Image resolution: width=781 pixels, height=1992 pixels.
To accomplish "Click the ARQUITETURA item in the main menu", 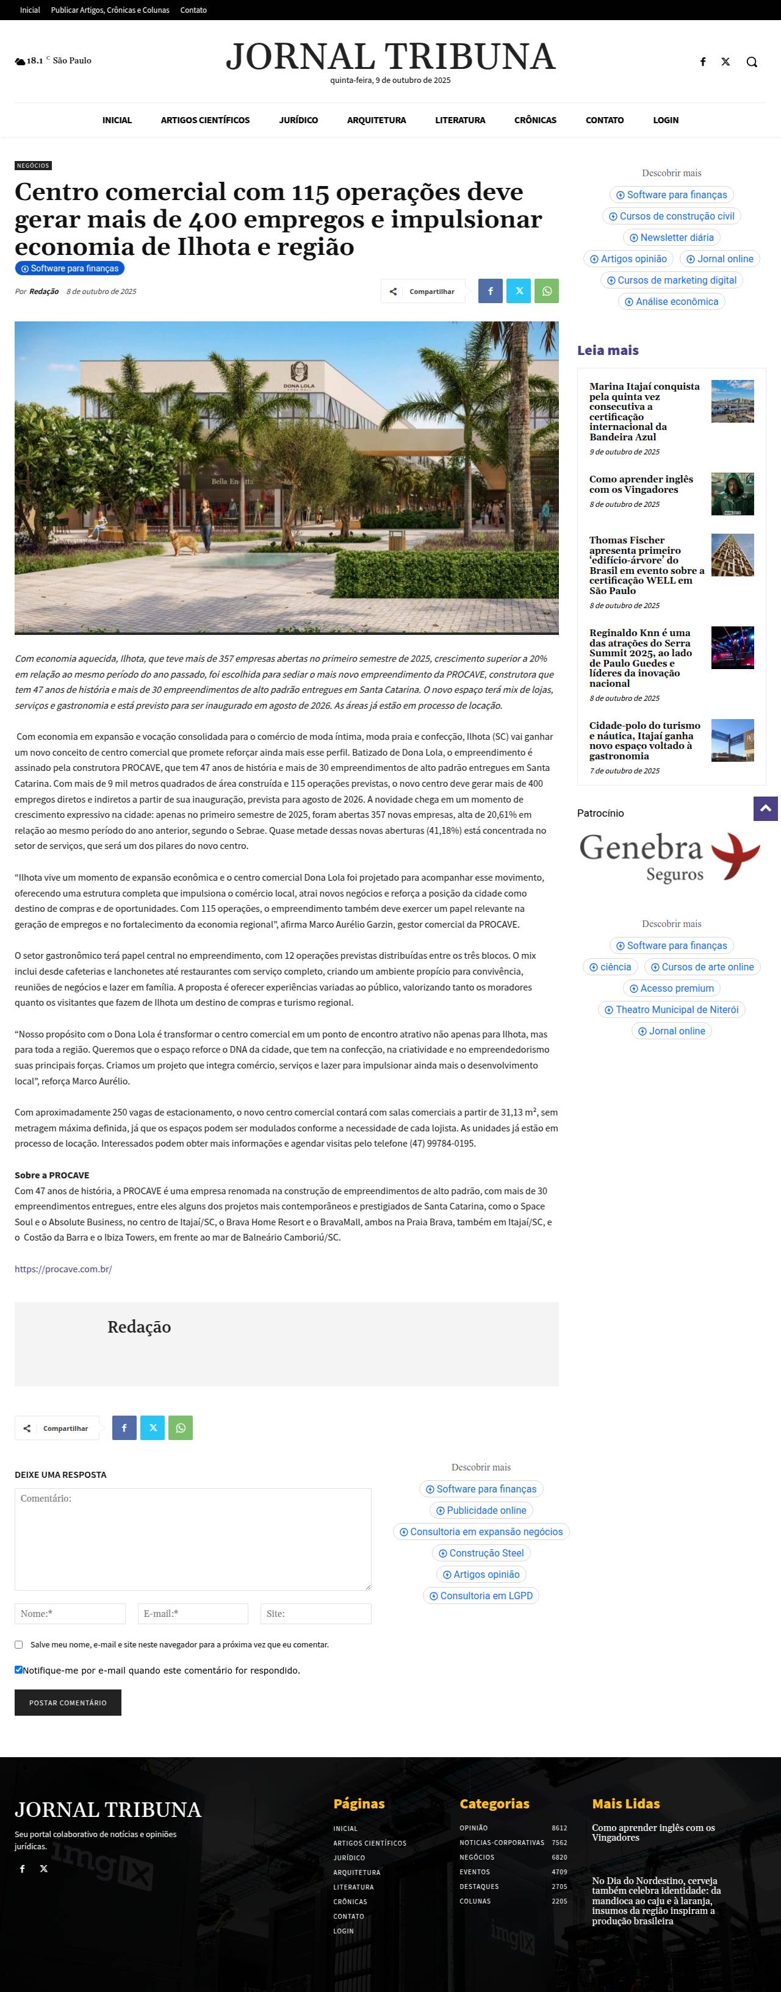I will pyautogui.click(x=376, y=120).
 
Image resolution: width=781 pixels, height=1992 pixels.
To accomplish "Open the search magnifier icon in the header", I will pyautogui.click(x=751, y=62).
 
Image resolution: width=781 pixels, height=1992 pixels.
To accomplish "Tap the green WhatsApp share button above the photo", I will pyautogui.click(x=547, y=292).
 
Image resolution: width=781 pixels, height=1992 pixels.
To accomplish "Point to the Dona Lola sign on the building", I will pyautogui.click(x=298, y=376).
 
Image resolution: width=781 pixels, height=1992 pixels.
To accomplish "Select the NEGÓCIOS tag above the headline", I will pyautogui.click(x=33, y=165).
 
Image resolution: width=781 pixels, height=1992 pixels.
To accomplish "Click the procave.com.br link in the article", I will pyautogui.click(x=63, y=1269).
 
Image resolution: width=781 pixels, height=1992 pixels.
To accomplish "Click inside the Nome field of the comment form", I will pyautogui.click(x=70, y=1613).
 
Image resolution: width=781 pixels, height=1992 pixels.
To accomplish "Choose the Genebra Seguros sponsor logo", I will pyautogui.click(x=671, y=857).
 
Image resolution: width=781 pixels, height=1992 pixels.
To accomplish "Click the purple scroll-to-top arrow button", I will pyautogui.click(x=765, y=809).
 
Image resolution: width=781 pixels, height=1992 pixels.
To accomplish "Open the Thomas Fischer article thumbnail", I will pyautogui.click(x=732, y=554).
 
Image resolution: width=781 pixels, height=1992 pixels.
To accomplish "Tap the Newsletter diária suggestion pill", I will pyautogui.click(x=671, y=237).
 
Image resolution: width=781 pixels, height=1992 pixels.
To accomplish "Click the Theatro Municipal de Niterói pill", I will pyautogui.click(x=671, y=1009).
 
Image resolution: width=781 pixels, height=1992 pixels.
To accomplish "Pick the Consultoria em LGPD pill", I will pyautogui.click(x=480, y=1596).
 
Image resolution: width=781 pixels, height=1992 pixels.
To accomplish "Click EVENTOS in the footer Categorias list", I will pyautogui.click(x=474, y=1871).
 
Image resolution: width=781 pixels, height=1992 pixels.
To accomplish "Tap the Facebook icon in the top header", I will pyautogui.click(x=703, y=62).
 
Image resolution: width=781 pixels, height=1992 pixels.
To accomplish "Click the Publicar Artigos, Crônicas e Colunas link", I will pyautogui.click(x=110, y=10).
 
